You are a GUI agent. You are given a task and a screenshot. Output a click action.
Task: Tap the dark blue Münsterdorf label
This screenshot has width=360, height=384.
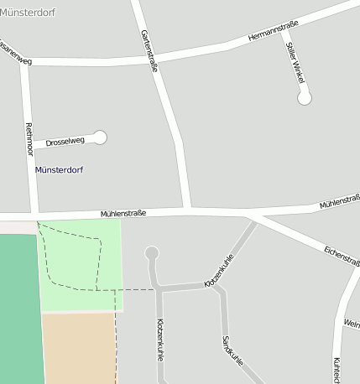[x=59, y=170]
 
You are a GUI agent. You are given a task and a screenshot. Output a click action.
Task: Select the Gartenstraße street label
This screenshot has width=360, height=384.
[x=150, y=52]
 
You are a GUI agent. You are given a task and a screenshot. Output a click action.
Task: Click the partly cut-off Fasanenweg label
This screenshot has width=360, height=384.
[x=15, y=61]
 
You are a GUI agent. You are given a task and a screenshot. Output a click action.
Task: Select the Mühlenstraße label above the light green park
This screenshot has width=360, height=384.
[x=123, y=214]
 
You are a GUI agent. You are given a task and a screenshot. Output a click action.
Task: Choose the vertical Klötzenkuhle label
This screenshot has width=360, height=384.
[x=160, y=339]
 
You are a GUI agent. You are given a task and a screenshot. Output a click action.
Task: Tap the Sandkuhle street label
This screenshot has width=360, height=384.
[x=232, y=351]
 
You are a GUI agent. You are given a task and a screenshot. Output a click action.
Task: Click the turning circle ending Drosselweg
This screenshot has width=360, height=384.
[x=101, y=137]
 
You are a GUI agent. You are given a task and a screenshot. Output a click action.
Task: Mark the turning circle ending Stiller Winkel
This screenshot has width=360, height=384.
[x=305, y=98]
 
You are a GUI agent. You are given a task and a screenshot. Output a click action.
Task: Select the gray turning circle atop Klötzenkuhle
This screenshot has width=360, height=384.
[x=152, y=252]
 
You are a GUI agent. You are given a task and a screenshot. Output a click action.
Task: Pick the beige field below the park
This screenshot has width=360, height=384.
[x=77, y=348]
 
